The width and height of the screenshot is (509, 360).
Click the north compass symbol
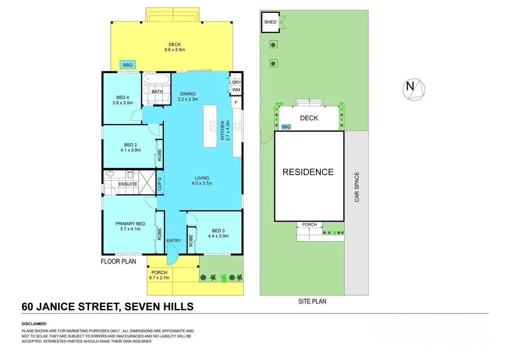(x=414, y=89)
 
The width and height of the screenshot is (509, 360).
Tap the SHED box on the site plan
(x=270, y=22)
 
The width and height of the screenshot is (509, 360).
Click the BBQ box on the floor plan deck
(x=128, y=65)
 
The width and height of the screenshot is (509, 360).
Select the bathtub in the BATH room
(x=157, y=79)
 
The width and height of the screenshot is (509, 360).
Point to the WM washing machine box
(x=236, y=90)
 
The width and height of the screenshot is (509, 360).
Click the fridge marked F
(x=236, y=102)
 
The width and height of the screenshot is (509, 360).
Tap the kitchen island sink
(x=212, y=126)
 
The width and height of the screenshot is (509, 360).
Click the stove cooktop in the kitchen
(x=237, y=126)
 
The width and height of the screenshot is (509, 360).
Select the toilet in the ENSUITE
(x=130, y=175)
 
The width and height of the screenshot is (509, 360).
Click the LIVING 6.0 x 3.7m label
(x=202, y=180)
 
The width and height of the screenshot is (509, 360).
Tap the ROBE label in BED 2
(x=159, y=155)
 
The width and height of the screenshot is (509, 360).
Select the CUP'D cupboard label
(x=159, y=184)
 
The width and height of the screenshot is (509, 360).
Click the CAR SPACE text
(x=357, y=187)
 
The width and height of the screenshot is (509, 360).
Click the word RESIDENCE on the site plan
(x=308, y=172)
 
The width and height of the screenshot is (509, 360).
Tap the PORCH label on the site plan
(x=310, y=225)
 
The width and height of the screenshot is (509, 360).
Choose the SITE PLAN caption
(x=312, y=301)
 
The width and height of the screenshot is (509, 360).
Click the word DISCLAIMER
(x=34, y=324)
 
